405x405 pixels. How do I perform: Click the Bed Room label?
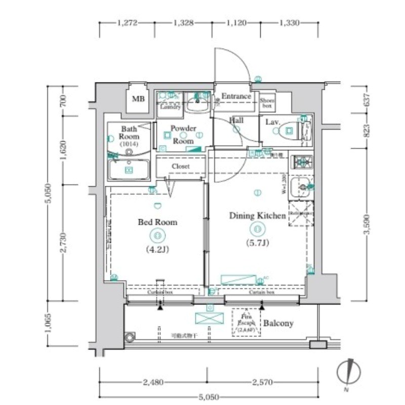[x=157, y=222]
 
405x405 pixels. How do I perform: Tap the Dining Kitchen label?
[x=258, y=216]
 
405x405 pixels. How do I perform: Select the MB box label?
[x=138, y=99]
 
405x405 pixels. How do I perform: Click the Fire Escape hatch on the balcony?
[x=246, y=322]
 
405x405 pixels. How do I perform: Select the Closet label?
[x=181, y=166]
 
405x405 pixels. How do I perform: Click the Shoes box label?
[x=267, y=103]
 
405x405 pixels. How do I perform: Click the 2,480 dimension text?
[x=152, y=382]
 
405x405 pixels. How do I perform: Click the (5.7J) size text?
[x=258, y=243]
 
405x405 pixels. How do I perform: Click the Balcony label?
[x=278, y=323]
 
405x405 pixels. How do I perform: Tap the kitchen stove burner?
[x=302, y=161]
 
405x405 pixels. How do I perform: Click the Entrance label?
[x=236, y=96]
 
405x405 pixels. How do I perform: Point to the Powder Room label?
[x=183, y=135]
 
